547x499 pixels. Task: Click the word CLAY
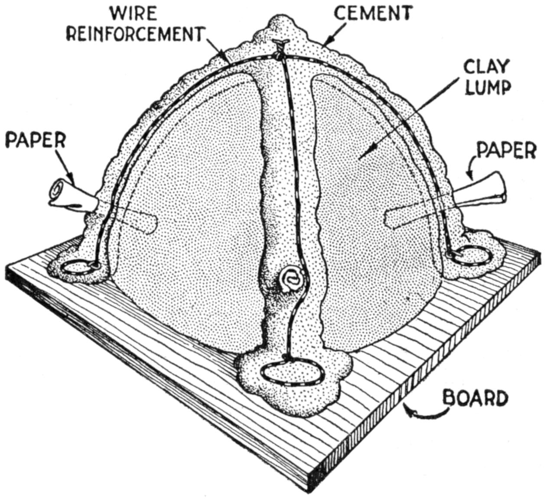(x=485, y=67)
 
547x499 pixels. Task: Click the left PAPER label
(x=36, y=141)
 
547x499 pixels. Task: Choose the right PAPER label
(x=506, y=150)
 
